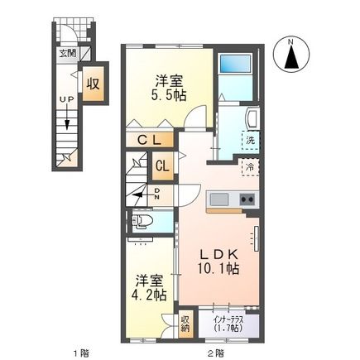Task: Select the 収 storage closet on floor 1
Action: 94,84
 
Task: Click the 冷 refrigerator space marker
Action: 249,166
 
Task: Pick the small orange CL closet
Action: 163,164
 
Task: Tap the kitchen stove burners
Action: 247,200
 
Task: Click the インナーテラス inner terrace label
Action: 226,322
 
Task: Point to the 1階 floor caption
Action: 79,353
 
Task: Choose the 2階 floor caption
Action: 216,353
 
